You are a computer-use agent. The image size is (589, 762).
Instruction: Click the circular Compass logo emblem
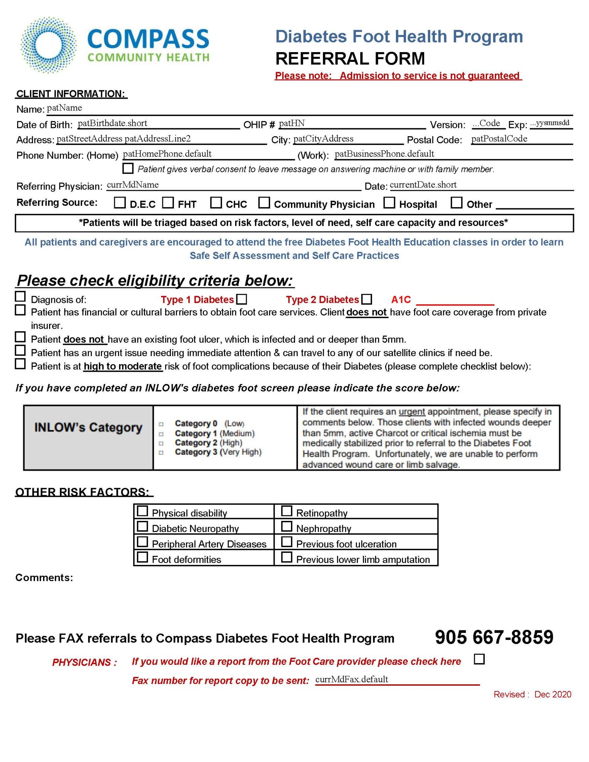tap(49, 45)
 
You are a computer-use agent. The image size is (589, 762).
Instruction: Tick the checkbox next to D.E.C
tap(119, 203)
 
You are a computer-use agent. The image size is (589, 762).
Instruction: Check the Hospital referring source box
tap(389, 203)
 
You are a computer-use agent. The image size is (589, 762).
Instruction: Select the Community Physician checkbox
tap(264, 203)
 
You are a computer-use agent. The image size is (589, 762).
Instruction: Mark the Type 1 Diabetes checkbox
tap(242, 299)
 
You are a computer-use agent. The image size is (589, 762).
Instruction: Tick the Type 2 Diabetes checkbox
tap(367, 299)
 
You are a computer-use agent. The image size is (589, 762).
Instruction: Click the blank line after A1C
tap(455, 301)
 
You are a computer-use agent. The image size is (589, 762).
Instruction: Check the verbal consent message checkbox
tap(128, 169)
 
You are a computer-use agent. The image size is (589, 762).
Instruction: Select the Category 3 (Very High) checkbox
tap(161, 453)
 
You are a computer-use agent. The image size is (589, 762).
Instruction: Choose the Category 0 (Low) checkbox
tap(161, 424)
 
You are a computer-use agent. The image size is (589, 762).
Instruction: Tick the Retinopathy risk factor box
tap(287, 511)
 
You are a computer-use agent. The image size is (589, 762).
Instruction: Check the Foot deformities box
tap(143, 557)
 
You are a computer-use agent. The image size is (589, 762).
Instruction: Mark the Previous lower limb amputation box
tap(287, 557)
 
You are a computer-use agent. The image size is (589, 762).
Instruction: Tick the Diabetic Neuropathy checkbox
tap(143, 526)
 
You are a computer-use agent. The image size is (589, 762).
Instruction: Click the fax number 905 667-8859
tap(494, 637)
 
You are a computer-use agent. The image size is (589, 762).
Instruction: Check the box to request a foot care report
tap(480, 659)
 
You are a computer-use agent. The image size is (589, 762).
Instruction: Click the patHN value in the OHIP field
tap(292, 124)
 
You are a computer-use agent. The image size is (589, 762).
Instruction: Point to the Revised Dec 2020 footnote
tap(532, 694)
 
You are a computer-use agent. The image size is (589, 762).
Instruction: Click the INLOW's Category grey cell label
tap(88, 428)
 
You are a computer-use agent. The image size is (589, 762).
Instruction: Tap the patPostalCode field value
tap(499, 139)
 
